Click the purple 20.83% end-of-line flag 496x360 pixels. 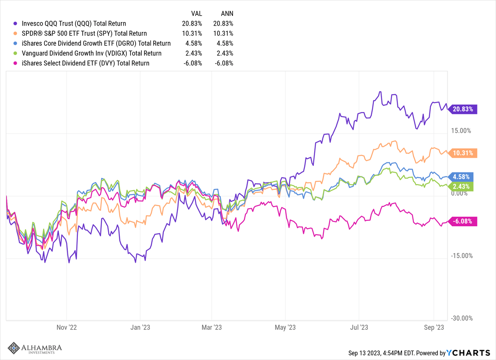[x=463, y=109]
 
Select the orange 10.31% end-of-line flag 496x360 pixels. [x=463, y=153]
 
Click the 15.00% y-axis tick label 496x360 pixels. [x=461, y=131]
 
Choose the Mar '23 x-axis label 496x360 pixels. [x=212, y=327]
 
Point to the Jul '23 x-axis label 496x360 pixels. [x=359, y=327]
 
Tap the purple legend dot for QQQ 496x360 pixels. [x=15, y=23]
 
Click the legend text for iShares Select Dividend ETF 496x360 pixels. [x=85, y=63]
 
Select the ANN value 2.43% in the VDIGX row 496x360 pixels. [x=224, y=53]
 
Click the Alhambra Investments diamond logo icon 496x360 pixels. [x=14, y=348]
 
